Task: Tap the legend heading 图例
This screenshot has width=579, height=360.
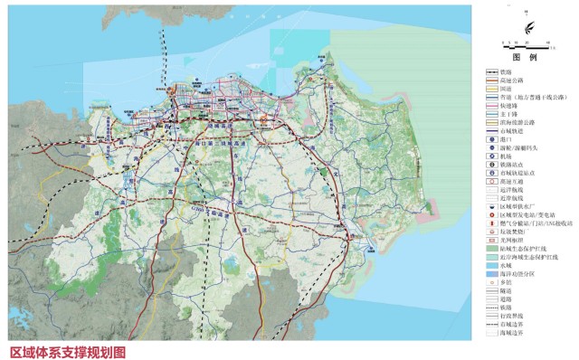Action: tap(527, 56)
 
